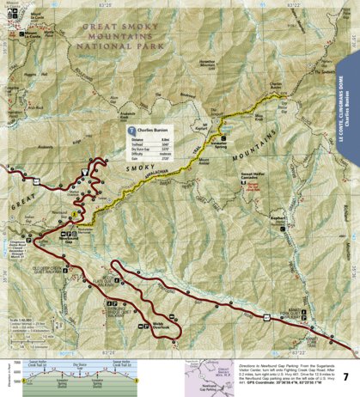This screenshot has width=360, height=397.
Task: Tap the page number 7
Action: coord(345,377)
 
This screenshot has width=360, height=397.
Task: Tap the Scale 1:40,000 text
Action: coord(18,320)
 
